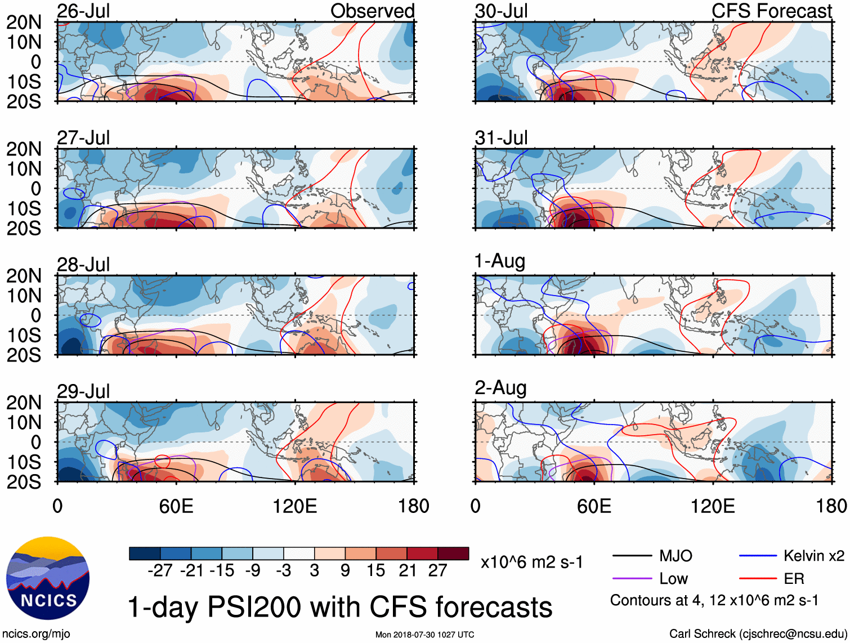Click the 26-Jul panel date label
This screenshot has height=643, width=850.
tap(83, 11)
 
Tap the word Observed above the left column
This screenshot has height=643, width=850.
tap(372, 11)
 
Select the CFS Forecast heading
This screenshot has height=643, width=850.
tap(771, 11)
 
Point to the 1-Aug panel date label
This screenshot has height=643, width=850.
tap(500, 261)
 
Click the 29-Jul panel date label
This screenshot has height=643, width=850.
tap(83, 391)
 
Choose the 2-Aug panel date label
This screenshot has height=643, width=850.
tap(500, 388)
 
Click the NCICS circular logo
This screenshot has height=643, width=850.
tap(48, 578)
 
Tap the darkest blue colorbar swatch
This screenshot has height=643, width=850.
tap(145, 553)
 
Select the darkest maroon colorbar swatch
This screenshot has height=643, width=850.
tap(453, 553)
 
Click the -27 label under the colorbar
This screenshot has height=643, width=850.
tap(160, 570)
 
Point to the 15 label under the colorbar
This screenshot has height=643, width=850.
tap(375, 570)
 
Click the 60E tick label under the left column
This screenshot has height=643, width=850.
tap(176, 506)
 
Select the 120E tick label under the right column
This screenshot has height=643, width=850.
tap(713, 506)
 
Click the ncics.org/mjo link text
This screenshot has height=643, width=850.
tap(36, 634)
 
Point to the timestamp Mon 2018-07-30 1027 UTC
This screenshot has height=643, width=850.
tap(424, 635)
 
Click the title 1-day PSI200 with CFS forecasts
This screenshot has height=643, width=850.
tap(340, 607)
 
